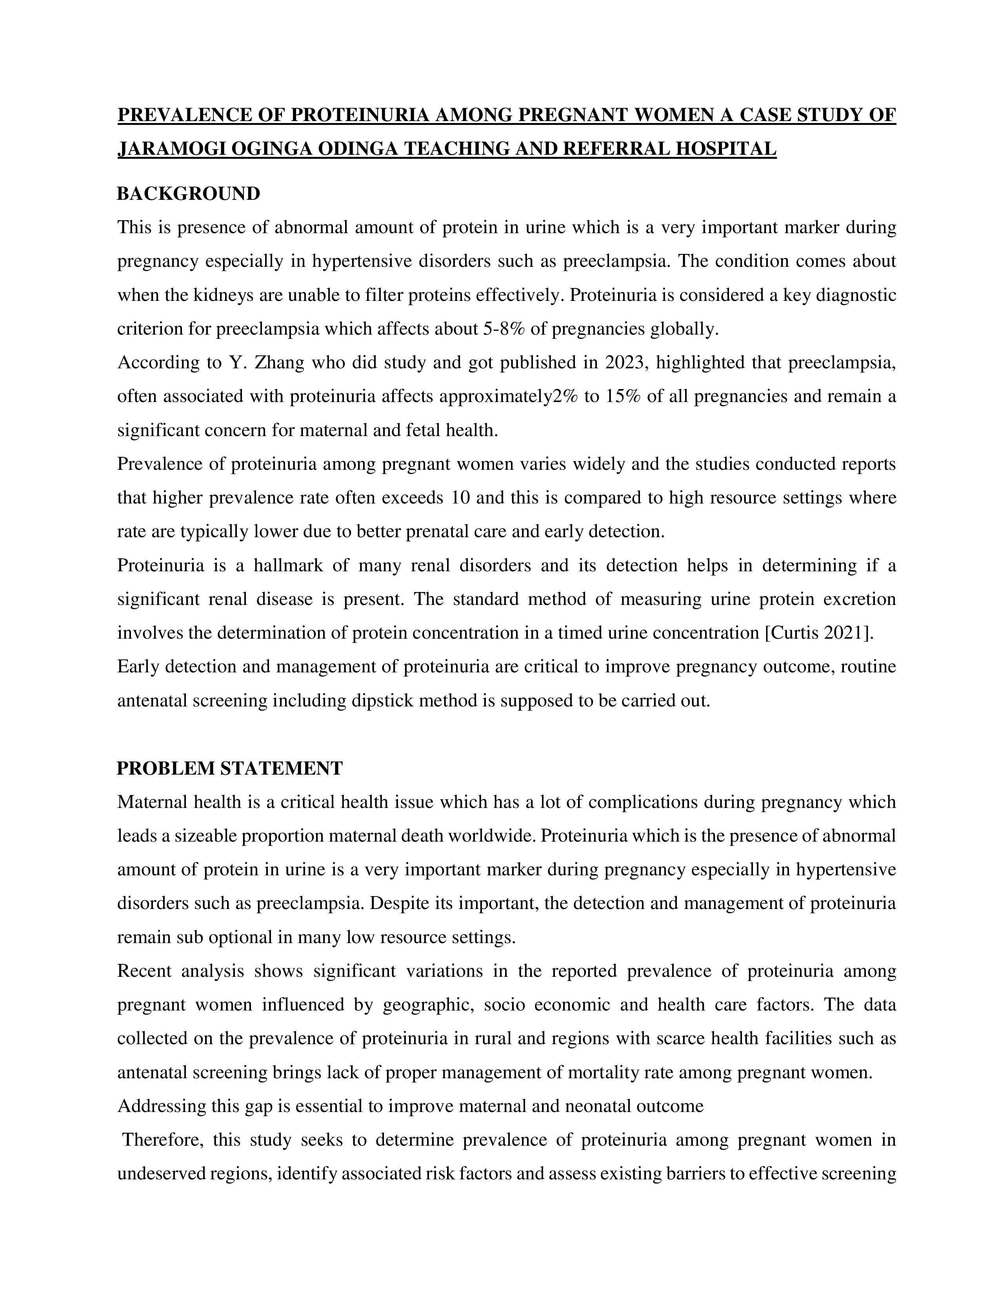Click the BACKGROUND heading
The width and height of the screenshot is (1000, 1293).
click(188, 194)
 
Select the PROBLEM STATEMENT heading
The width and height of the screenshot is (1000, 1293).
click(229, 768)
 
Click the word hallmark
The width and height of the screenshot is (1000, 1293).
click(287, 565)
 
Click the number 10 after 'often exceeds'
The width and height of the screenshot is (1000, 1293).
click(460, 498)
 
